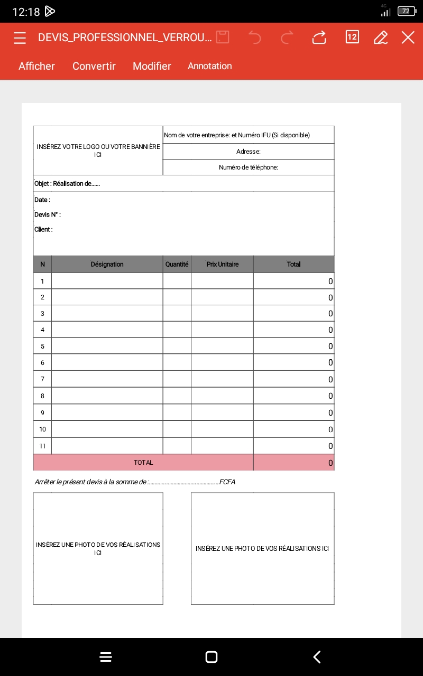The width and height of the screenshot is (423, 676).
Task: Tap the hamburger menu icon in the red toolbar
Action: tap(20, 37)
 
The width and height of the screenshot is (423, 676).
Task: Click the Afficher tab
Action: tap(36, 66)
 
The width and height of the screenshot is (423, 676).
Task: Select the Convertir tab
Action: tap(94, 66)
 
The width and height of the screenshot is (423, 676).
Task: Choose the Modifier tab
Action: tap(152, 66)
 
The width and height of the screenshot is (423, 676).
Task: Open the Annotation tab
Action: tap(210, 66)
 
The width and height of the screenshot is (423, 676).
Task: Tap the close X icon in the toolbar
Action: tap(408, 37)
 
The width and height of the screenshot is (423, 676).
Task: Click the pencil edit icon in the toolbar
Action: tap(380, 37)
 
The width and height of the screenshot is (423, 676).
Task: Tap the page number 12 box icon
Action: tap(352, 37)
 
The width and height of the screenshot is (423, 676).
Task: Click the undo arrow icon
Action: tap(255, 37)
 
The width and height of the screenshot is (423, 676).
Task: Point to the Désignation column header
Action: tap(107, 264)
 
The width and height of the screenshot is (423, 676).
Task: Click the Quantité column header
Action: tap(177, 264)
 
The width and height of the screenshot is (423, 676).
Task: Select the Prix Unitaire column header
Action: tap(222, 264)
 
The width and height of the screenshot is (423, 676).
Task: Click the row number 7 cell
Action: tap(42, 379)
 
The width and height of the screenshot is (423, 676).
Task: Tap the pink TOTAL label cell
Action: tap(143, 463)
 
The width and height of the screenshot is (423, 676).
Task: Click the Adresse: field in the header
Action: tap(249, 152)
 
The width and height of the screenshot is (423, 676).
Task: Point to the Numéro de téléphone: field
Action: tap(249, 167)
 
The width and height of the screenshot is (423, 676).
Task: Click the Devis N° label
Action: tap(48, 215)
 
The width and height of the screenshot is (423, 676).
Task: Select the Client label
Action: tap(43, 230)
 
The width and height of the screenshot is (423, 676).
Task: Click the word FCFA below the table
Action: tap(227, 482)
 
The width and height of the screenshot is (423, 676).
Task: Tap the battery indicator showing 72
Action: tap(406, 11)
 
